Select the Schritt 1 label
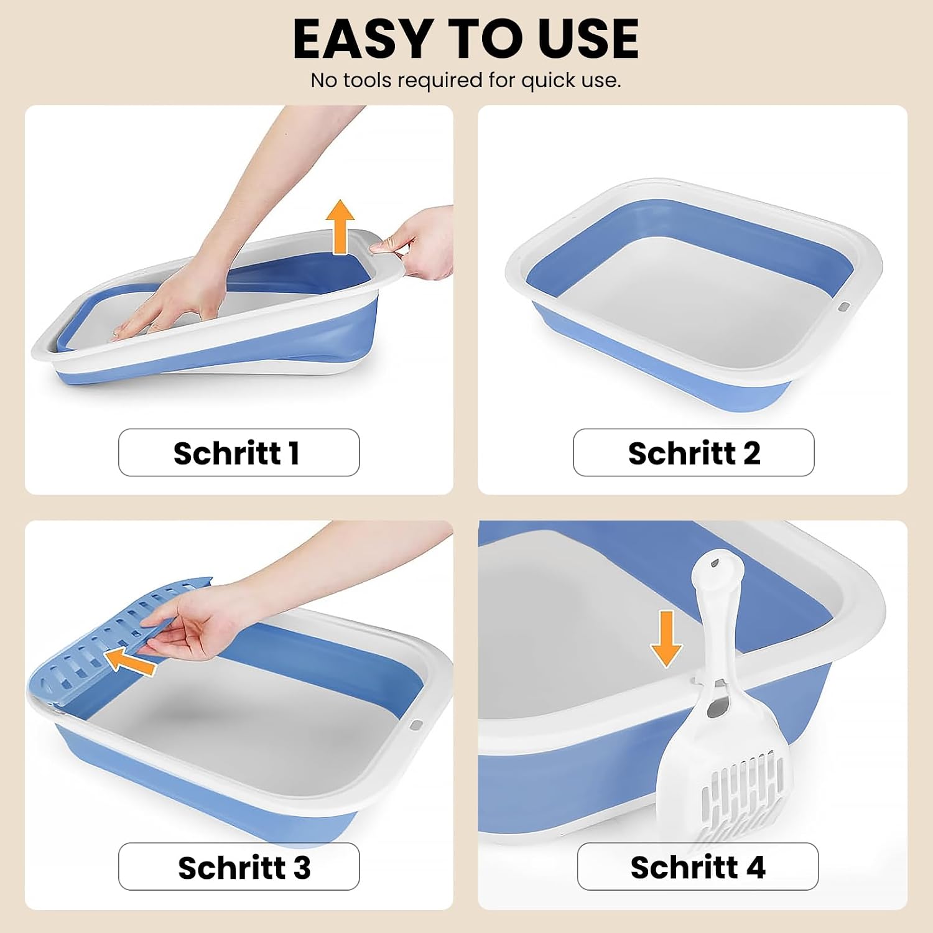[239, 453]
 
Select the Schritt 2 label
[694, 453]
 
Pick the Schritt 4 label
[697, 867]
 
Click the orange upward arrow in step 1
[340, 227]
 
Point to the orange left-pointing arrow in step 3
[129, 661]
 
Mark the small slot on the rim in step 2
[843, 307]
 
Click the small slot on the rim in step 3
[415, 725]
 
